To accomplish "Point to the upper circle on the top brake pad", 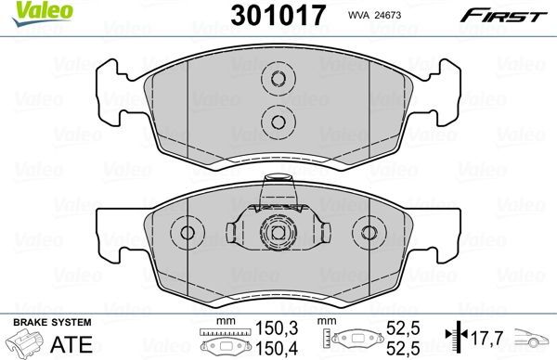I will [x=275, y=78].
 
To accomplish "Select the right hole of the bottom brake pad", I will [x=370, y=233].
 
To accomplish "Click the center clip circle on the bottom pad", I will [x=275, y=233].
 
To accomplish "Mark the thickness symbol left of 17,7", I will [x=451, y=337].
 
